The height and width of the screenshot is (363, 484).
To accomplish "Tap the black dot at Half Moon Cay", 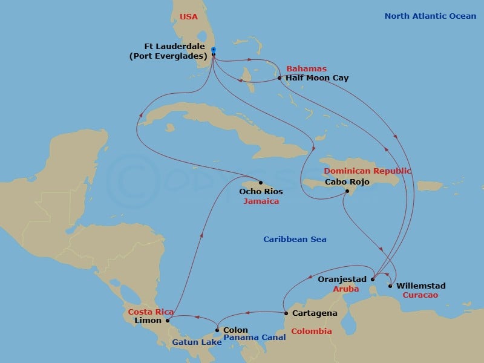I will [280, 78].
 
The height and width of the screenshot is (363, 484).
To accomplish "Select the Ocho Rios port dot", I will [260, 183].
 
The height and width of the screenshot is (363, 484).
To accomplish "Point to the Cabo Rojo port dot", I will [347, 192].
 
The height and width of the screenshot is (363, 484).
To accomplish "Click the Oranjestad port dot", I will [373, 280].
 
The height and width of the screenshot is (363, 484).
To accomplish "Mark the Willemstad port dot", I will [391, 286].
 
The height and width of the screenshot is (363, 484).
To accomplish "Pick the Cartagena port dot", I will [286, 313].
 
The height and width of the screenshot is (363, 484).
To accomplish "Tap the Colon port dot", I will [217, 330].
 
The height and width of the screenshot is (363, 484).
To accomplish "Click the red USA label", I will [189, 17].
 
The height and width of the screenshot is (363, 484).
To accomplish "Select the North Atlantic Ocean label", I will [430, 16].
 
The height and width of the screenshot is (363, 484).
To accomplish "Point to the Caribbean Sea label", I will [295, 240].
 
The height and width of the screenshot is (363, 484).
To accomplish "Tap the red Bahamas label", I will [306, 69].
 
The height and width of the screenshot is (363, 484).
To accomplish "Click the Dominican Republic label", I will [367, 171].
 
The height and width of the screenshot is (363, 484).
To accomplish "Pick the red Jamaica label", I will [261, 201].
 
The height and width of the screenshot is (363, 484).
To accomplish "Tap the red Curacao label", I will [420, 295].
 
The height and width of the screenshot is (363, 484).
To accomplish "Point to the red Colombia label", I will [312, 332].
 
